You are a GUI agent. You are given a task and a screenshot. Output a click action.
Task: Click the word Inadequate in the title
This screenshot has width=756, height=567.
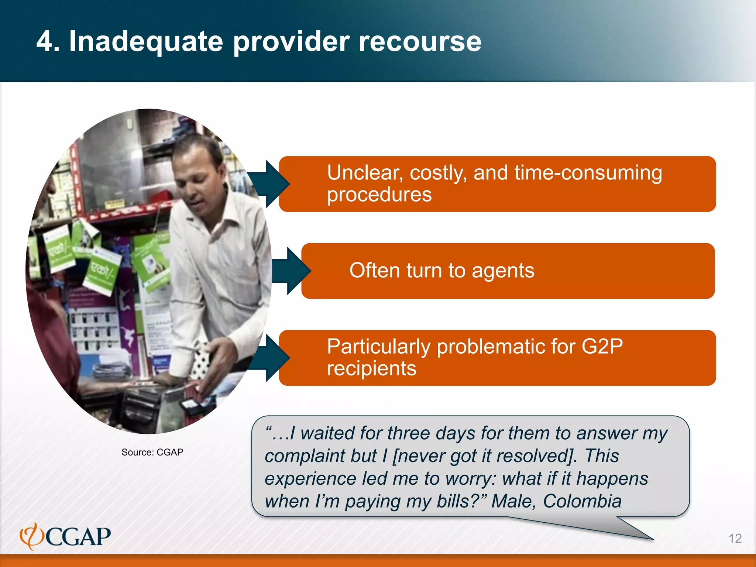click(146, 41)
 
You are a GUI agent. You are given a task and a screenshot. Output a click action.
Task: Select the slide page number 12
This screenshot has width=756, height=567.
click(735, 538)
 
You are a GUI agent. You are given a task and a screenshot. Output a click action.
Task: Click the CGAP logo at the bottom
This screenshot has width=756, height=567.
click(65, 536)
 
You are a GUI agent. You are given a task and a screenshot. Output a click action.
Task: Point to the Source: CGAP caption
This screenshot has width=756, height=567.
click(152, 452)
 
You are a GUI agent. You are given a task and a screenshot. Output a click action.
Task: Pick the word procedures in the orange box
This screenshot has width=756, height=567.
click(379, 195)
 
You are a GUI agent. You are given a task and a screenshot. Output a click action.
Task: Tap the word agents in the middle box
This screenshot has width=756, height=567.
click(503, 271)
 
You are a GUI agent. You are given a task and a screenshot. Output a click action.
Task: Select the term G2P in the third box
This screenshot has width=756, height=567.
click(602, 347)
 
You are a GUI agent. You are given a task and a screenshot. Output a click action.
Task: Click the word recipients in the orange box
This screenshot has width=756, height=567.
click(371, 368)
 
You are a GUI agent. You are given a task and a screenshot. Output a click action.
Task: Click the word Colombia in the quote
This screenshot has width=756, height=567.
click(582, 501)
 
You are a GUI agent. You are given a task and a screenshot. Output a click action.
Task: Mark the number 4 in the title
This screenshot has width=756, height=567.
click(45, 41)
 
